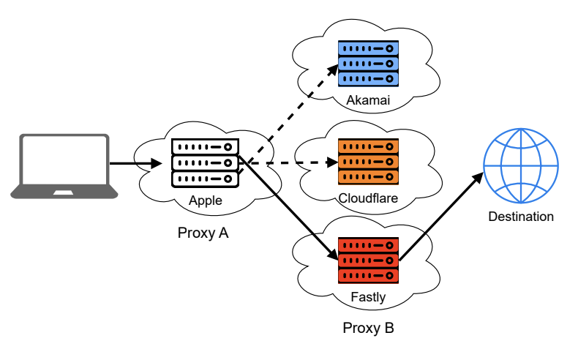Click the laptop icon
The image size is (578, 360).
(64, 166)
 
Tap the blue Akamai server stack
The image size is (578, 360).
(368, 64)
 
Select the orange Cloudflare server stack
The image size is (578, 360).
(368, 161)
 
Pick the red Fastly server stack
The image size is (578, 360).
(368, 260)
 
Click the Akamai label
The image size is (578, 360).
(368, 99)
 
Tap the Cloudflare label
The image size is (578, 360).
(368, 198)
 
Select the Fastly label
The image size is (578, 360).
(368, 297)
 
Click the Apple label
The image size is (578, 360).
(206, 200)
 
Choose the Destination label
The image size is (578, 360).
(521, 217)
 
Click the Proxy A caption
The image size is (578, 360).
(203, 233)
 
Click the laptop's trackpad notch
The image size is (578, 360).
(64, 192)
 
